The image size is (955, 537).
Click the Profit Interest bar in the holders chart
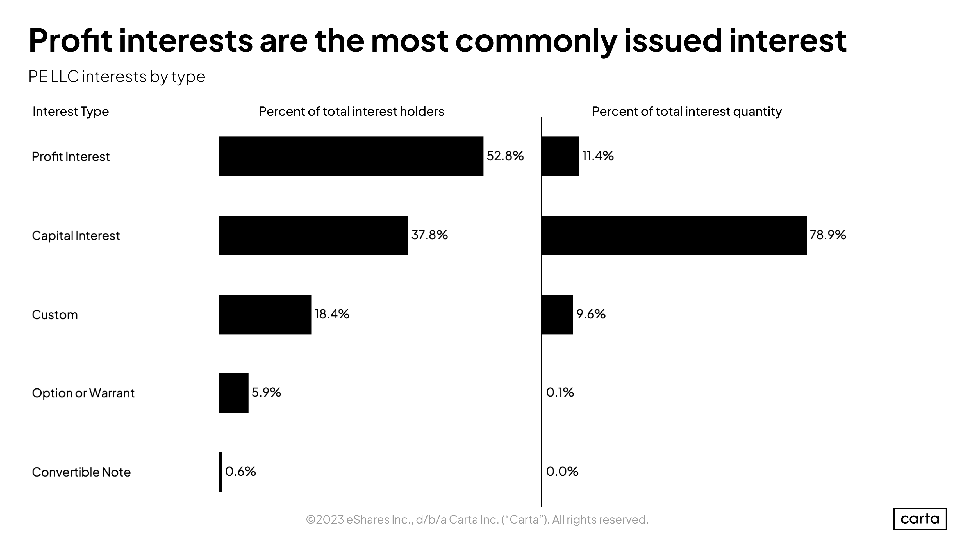click(351, 156)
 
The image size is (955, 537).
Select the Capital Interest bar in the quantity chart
click(673, 235)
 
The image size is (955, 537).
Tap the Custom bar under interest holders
click(265, 314)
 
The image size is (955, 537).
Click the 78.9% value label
click(827, 235)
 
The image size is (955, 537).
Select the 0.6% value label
click(240, 471)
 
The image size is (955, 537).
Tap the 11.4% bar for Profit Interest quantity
click(560, 156)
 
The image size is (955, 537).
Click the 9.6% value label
click(591, 314)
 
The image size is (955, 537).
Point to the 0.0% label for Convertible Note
click(562, 471)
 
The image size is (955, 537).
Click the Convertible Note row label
click(81, 472)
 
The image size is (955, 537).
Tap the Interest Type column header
click(71, 111)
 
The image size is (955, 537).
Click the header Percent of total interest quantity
click(686, 111)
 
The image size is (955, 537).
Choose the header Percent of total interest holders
click(351, 111)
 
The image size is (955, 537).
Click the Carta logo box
click(919, 518)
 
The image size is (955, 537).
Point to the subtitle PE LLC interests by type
click(116, 77)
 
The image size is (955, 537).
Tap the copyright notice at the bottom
click(477, 520)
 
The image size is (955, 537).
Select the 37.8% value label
click(429, 235)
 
